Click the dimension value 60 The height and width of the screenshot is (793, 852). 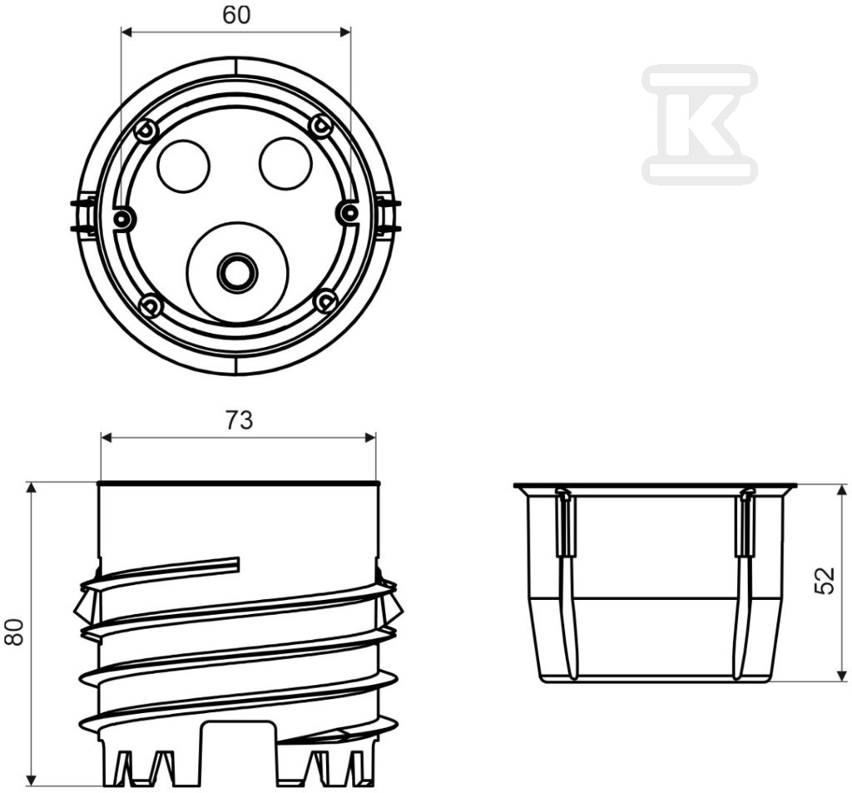click(x=236, y=16)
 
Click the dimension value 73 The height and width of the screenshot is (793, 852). click(x=239, y=420)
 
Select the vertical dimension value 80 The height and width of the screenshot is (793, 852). click(x=15, y=632)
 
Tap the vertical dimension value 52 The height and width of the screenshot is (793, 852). click(x=825, y=581)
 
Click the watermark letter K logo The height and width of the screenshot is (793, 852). click(x=699, y=123)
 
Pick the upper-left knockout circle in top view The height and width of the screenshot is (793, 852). click(x=184, y=166)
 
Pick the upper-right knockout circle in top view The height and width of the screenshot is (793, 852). click(x=286, y=164)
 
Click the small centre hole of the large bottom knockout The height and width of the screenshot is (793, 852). click(x=237, y=270)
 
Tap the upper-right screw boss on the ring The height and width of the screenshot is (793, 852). click(x=320, y=126)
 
